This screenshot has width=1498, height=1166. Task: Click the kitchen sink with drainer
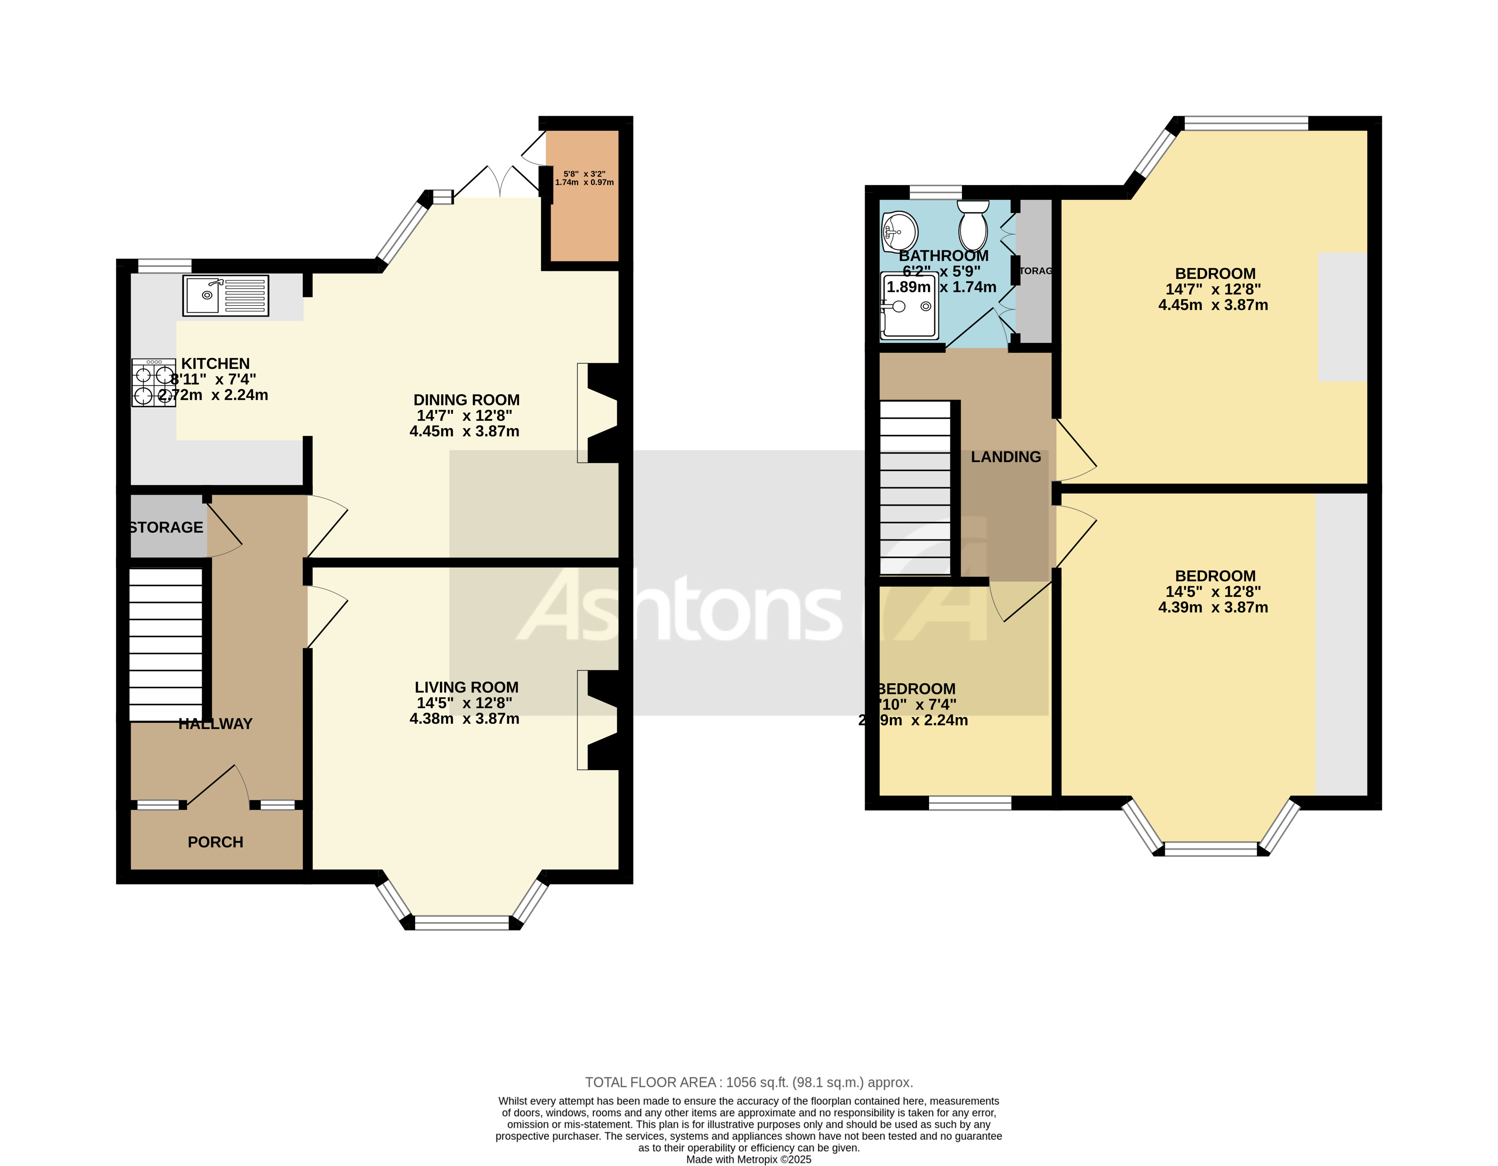point(226,296)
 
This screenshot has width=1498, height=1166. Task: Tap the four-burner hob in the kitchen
point(154,384)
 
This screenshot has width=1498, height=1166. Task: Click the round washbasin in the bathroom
point(899,232)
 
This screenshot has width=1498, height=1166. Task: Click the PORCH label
point(215,842)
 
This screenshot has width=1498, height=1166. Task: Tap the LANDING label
point(1006,457)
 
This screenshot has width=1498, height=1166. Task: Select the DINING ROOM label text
point(466,400)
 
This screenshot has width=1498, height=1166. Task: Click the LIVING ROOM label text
point(466,687)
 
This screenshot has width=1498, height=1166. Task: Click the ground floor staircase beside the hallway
point(166,645)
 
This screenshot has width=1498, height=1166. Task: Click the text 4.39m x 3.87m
point(1213,608)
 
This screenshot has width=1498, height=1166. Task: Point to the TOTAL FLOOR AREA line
point(748,1082)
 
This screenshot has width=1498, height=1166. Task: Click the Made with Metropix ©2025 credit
point(748,1159)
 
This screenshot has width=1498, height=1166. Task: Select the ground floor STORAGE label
point(167,527)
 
